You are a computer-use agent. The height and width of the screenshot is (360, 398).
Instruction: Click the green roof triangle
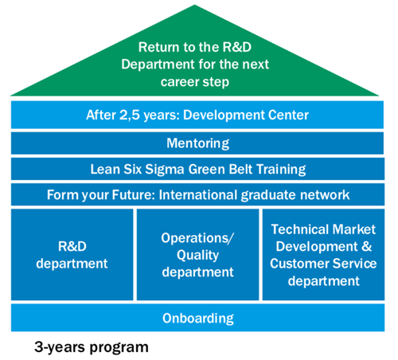coord(195,66)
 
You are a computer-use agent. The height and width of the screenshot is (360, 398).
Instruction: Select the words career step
coord(195,82)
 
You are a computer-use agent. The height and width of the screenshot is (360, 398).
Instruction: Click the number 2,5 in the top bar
coord(130,115)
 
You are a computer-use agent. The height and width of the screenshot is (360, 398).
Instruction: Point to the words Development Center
coord(246,115)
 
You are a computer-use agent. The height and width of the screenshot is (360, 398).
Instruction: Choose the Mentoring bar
coord(197,143)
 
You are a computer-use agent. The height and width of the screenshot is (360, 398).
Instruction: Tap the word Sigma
coord(165,170)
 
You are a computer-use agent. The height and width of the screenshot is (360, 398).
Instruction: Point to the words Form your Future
coord(101,195)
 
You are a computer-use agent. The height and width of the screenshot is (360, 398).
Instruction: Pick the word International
coord(198,195)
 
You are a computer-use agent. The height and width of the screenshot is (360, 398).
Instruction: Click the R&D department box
coord(72,255)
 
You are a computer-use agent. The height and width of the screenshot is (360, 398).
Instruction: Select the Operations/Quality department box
coord(197,255)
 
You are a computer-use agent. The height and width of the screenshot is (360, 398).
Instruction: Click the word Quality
coord(198,256)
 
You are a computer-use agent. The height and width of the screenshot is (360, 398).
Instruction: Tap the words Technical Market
coord(323,229)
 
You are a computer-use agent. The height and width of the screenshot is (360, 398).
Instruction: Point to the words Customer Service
coord(323,264)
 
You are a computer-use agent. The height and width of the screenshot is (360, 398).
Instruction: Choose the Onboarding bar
coord(197,318)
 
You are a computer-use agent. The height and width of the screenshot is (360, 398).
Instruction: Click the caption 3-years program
coord(92,347)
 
